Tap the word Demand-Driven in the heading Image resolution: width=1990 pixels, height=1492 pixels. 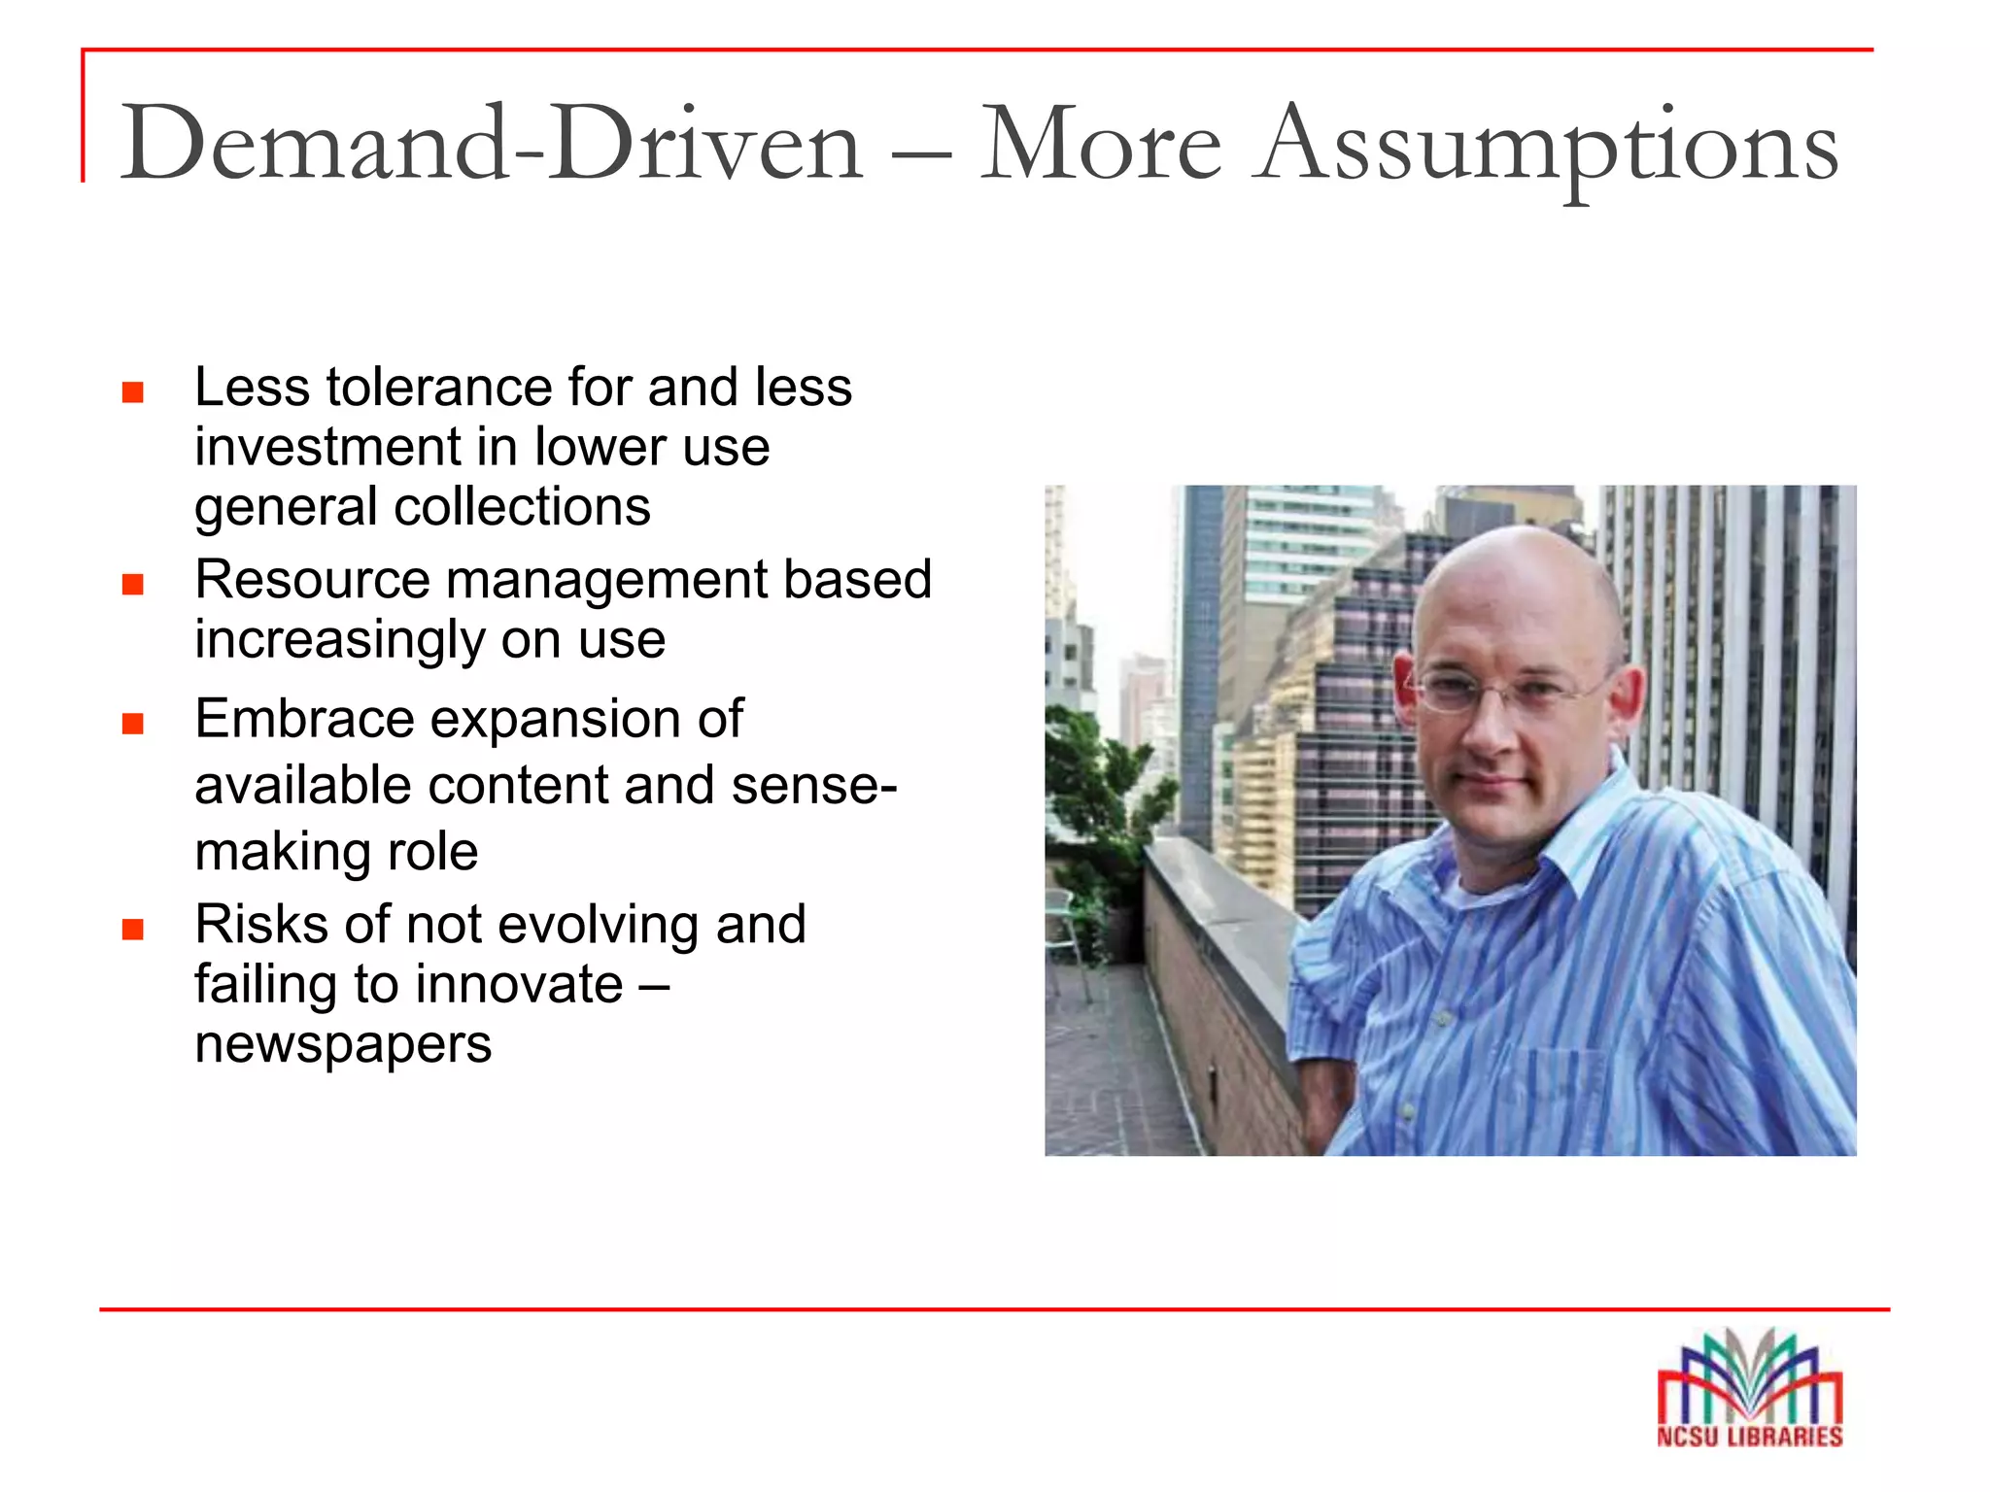tap(492, 146)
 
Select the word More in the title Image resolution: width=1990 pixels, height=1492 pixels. tap(1100, 146)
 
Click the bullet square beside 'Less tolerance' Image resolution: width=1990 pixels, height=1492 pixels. tap(133, 392)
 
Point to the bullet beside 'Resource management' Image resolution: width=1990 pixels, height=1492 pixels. tap(133, 584)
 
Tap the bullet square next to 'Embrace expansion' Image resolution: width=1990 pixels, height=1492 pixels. tap(133, 724)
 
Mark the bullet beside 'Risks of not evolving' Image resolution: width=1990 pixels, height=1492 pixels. tap(133, 930)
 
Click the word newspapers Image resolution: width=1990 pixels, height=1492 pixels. tap(343, 1045)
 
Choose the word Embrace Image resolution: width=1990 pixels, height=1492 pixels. tap(304, 720)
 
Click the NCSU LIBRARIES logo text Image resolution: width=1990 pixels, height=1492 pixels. tap(1749, 1437)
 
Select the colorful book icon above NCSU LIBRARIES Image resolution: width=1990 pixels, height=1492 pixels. tap(1749, 1374)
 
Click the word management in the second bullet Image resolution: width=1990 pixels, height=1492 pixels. tap(606, 580)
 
